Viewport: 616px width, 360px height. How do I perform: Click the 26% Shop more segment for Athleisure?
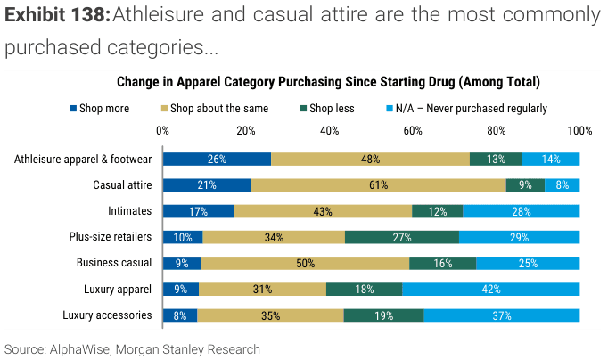(217, 160)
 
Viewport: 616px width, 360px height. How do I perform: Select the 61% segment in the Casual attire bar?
(378, 185)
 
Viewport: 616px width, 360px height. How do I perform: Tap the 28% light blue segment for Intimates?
(521, 211)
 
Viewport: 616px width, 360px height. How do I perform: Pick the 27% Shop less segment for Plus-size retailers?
(402, 237)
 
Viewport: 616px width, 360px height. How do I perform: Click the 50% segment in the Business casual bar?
(305, 263)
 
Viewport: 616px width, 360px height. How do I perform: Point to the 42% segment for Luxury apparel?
(491, 289)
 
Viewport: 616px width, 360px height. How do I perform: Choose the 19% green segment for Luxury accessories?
(383, 315)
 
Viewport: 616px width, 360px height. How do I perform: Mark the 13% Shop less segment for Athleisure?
(496, 160)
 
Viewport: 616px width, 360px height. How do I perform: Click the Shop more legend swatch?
(74, 109)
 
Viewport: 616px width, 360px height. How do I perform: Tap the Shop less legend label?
(332, 109)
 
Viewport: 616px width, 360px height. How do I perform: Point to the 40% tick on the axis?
(329, 130)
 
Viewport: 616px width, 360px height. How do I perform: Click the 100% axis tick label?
(579, 130)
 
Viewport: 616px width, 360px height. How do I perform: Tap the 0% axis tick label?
(162, 130)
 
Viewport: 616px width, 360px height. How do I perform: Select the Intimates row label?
(128, 211)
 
